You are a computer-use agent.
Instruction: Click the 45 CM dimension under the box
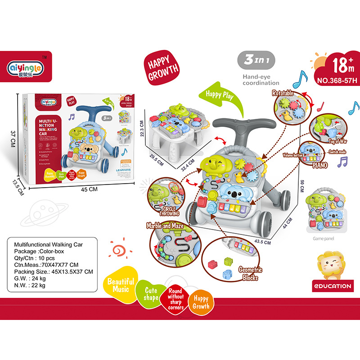(89, 189)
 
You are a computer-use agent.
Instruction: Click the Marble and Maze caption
(165, 225)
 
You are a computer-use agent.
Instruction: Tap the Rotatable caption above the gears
(282, 93)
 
